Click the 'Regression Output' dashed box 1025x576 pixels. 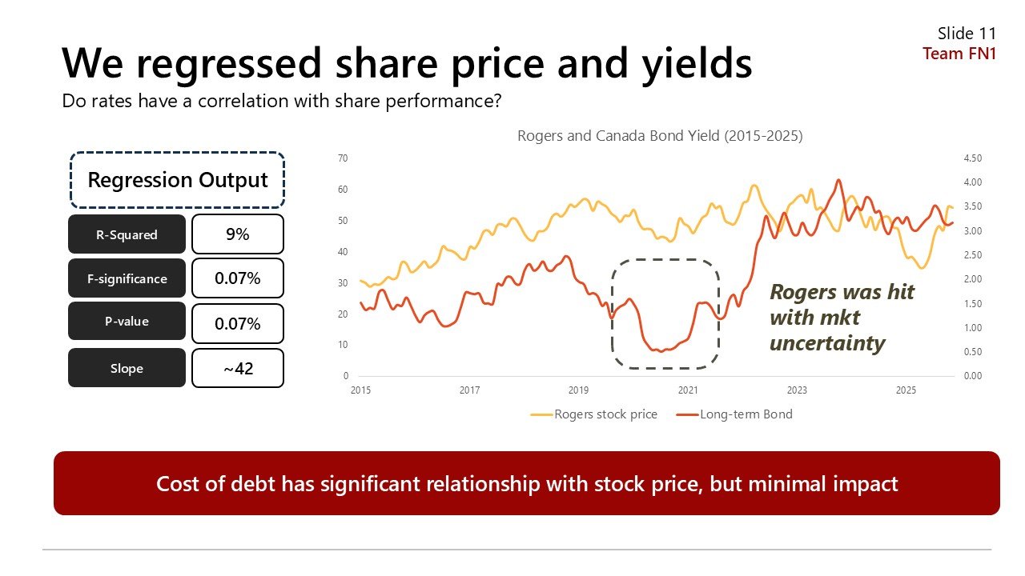[x=177, y=180]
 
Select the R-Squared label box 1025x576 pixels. [x=127, y=234]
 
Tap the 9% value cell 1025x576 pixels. [x=238, y=234]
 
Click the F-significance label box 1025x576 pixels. [x=127, y=278]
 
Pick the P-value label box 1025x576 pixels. [x=127, y=322]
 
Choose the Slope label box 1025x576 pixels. [x=127, y=368]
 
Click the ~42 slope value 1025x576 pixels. [x=238, y=368]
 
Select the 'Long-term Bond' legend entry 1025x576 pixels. [x=745, y=414]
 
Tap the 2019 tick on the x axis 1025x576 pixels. [x=578, y=390]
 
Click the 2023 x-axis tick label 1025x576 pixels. [x=797, y=390]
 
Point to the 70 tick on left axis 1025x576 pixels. [x=343, y=158]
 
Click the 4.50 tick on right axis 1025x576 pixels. [x=971, y=158]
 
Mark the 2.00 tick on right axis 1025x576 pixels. [x=971, y=279]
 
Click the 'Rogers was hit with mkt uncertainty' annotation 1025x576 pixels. [x=841, y=318]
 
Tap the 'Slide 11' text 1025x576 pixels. [x=967, y=34]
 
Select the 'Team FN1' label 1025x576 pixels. [x=959, y=54]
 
